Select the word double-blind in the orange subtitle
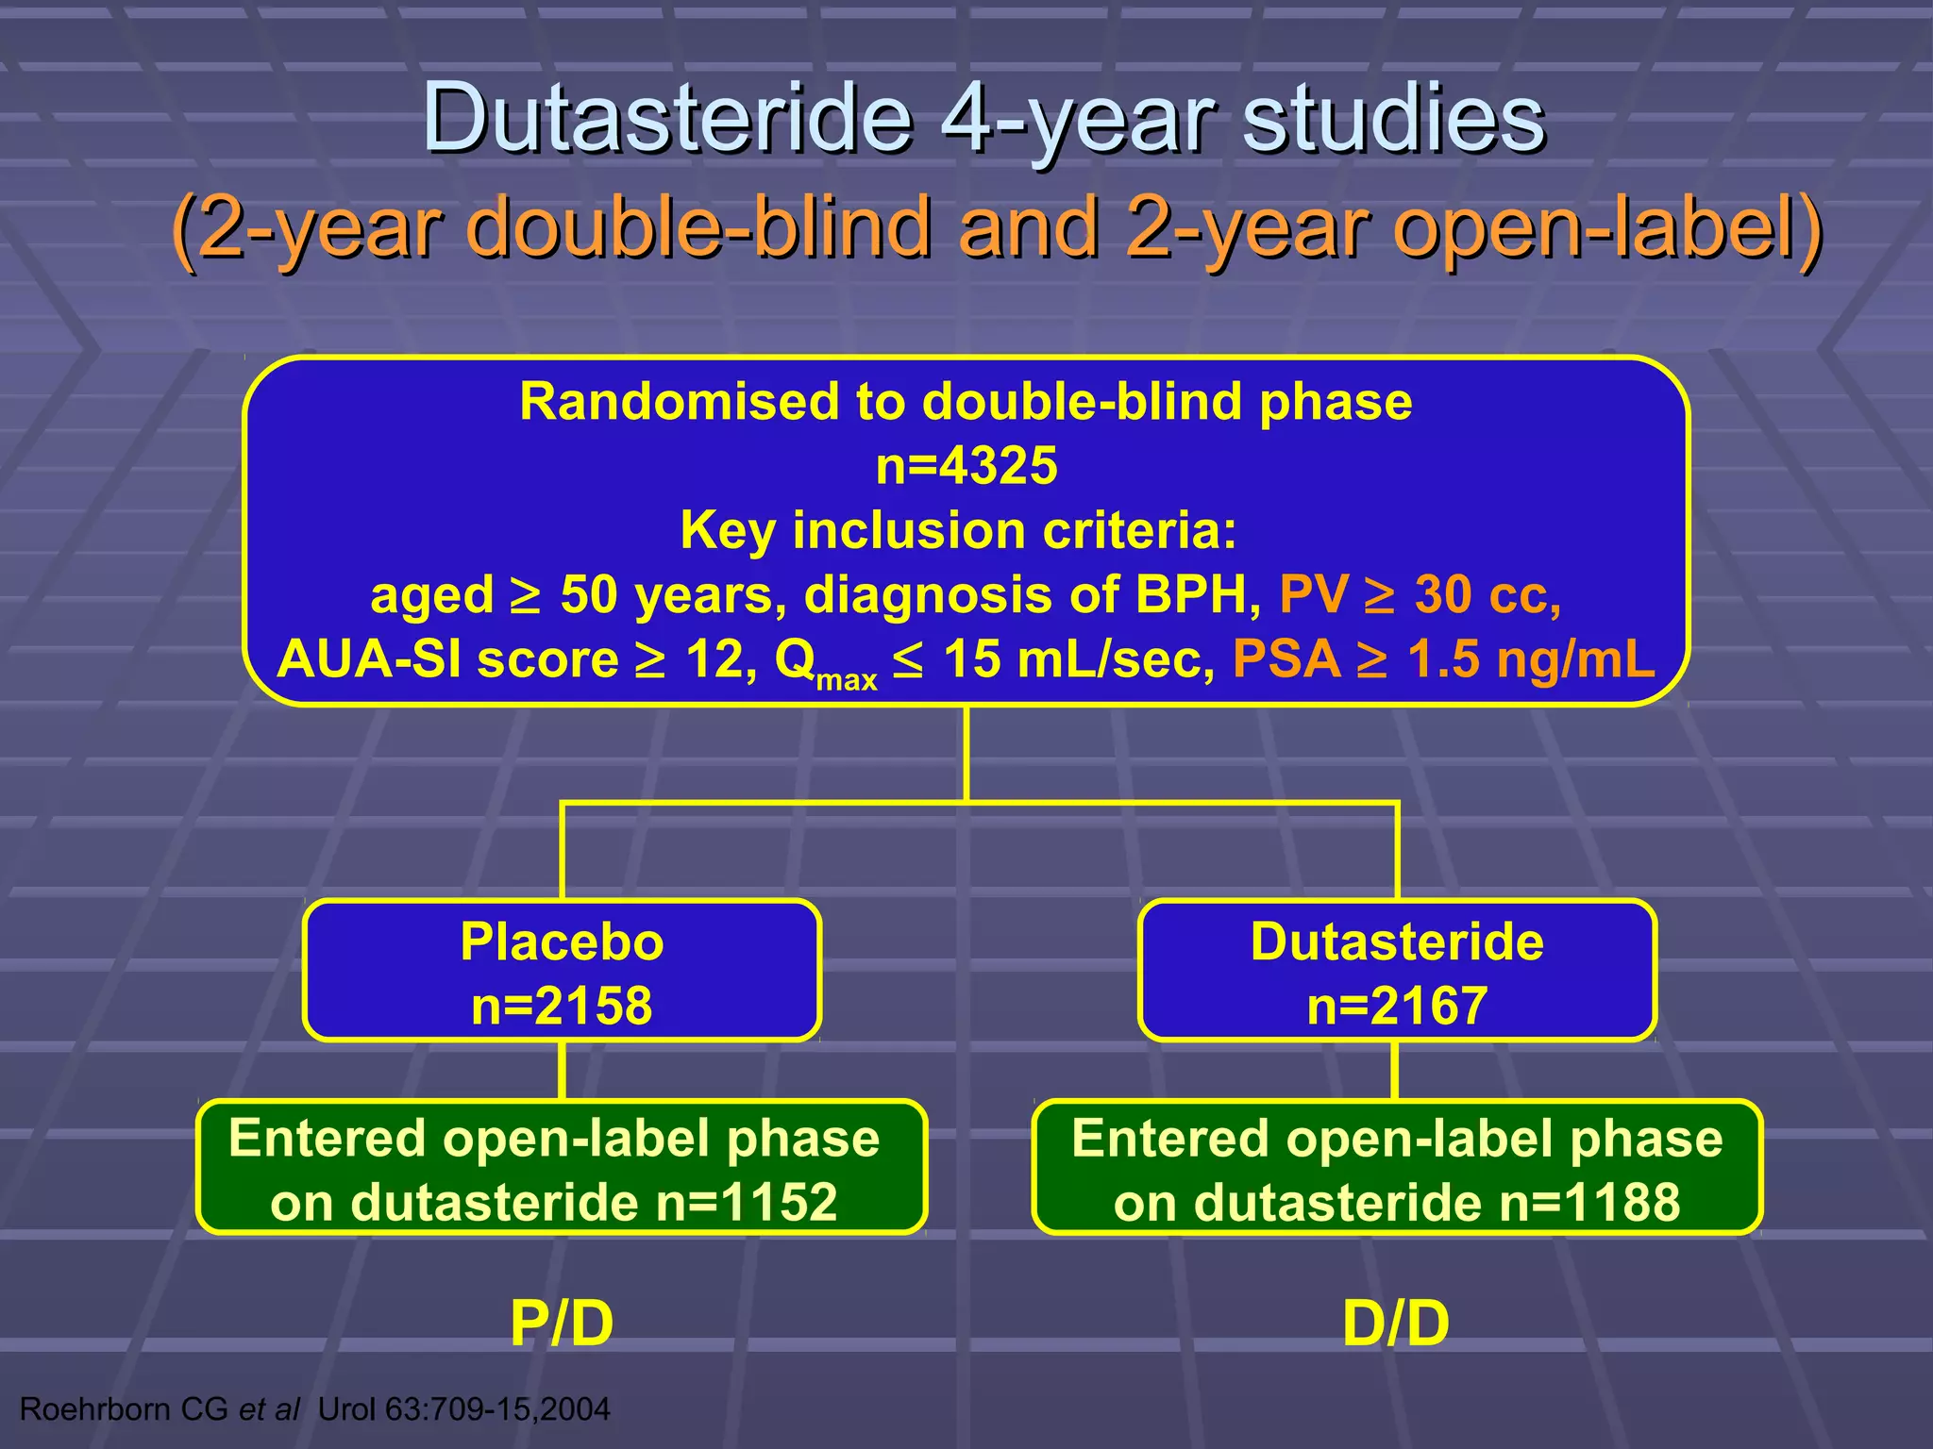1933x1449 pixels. [698, 228]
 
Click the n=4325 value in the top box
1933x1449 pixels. [966, 466]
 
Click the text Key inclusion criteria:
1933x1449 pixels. [958, 530]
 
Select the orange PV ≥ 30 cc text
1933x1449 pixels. [1420, 595]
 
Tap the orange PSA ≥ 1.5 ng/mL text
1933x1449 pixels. [1443, 659]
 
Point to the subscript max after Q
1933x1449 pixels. [847, 679]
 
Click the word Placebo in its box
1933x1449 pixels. [562, 941]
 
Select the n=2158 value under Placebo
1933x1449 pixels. [562, 1006]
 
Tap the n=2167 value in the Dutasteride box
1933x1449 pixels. [1397, 1006]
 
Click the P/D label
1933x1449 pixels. [562, 1323]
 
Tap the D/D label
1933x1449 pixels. [1396, 1323]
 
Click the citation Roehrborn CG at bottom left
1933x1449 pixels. [124, 1409]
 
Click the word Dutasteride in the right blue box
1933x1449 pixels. [1397, 941]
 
